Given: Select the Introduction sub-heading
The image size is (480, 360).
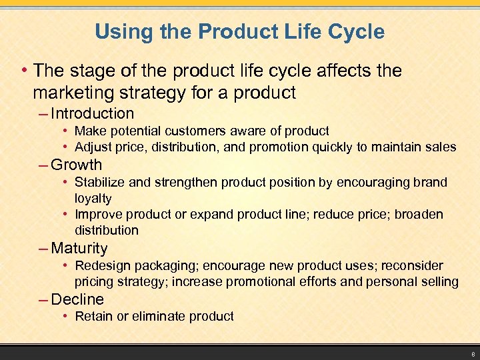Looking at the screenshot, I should click(92, 113).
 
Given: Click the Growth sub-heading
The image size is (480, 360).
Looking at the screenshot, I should click(77, 165).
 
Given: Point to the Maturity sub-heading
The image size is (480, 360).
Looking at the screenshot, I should click(79, 248).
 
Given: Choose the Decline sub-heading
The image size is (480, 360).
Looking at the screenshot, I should click(77, 299).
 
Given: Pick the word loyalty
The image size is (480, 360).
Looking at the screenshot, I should click(93, 198).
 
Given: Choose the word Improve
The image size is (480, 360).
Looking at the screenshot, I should click(98, 214).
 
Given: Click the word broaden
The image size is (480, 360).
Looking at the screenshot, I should click(419, 214).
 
